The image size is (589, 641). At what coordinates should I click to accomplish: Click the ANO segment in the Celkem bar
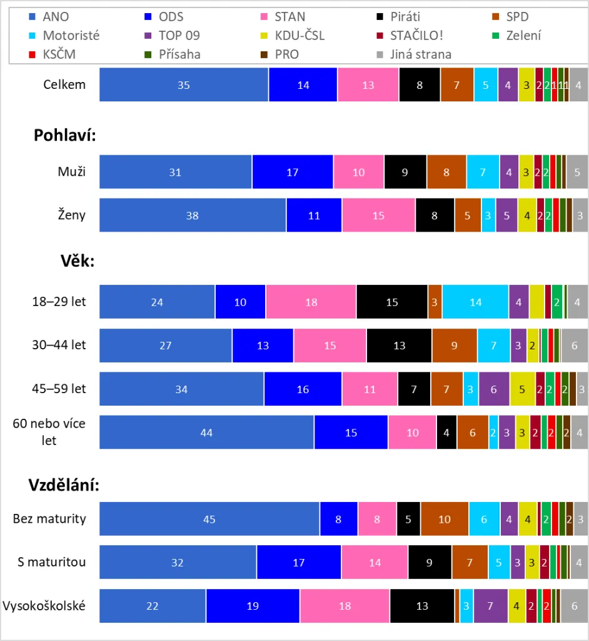click(184, 85)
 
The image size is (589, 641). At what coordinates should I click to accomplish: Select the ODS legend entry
click(163, 18)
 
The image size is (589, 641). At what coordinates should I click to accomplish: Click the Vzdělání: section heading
click(64, 486)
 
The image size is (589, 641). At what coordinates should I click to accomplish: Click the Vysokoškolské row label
click(44, 605)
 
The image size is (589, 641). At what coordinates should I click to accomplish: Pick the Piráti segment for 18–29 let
click(392, 302)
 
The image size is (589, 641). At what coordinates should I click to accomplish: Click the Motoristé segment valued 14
click(475, 302)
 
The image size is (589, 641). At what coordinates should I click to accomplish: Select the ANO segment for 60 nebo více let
click(206, 432)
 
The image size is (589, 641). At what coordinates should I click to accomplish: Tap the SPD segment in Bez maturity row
click(445, 519)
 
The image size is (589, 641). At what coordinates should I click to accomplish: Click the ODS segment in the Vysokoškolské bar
click(253, 606)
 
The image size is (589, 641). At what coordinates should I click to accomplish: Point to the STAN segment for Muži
click(358, 172)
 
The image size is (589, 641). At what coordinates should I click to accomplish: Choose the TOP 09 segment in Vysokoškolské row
click(490, 606)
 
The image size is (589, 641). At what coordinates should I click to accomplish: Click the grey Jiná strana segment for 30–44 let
click(574, 346)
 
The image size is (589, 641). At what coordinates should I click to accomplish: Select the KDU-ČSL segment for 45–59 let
click(522, 389)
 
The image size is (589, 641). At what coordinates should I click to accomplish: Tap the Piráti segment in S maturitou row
click(430, 562)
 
